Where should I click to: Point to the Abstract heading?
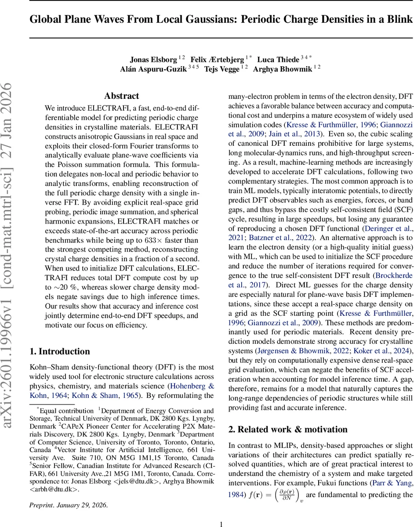122,96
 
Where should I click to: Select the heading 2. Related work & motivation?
288,430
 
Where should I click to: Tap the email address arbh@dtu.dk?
54,490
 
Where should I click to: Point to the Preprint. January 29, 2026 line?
68,505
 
